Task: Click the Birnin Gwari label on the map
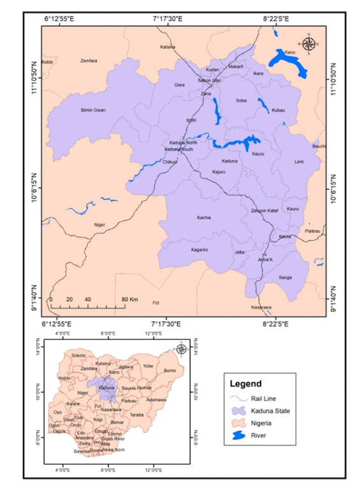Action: [93, 110]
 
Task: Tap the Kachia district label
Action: [204, 218]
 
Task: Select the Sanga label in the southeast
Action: [285, 278]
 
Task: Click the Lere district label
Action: [299, 162]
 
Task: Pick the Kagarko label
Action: [200, 250]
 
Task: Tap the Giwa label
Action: [180, 84]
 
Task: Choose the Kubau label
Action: [278, 110]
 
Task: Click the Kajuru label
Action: [219, 172]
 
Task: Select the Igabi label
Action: [191, 120]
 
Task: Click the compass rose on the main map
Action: [309, 44]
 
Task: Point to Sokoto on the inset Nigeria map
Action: [79, 355]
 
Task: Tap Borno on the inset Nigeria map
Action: [169, 370]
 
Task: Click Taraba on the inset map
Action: [136, 414]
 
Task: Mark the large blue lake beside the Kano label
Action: [287, 61]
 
